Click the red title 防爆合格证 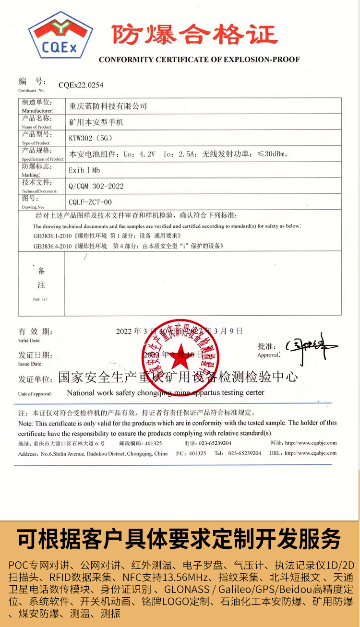(195, 35)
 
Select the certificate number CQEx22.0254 (81, 85)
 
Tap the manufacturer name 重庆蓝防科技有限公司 (108, 106)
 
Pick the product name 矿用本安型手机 (96, 122)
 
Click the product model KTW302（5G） (91, 138)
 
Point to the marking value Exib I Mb (84, 170)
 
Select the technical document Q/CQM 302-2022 (96, 186)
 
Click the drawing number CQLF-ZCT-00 (90, 202)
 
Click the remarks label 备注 (41, 278)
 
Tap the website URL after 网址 (311, 443)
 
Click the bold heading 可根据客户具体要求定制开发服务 (180, 539)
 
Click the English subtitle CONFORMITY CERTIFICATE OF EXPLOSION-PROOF (199, 60)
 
